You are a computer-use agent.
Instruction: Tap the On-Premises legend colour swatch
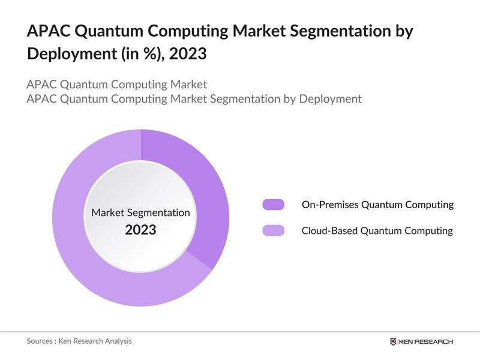(x=273, y=205)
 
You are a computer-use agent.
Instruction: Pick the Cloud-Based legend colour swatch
(x=273, y=230)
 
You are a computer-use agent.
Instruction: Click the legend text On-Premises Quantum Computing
(x=377, y=205)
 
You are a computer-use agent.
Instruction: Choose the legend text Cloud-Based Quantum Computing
(x=377, y=230)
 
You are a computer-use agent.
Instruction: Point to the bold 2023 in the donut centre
(x=140, y=230)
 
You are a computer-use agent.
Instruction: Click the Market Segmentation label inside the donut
(x=140, y=212)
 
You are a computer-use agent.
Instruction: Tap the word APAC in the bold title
(x=47, y=31)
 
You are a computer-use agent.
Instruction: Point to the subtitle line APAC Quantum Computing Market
(x=117, y=84)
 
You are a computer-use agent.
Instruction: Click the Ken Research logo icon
(x=393, y=341)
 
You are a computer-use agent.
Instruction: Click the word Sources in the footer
(x=40, y=341)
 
